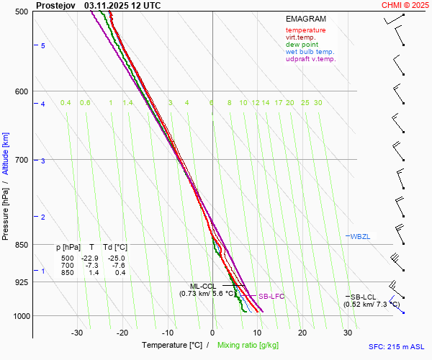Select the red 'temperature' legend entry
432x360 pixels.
click(x=305, y=30)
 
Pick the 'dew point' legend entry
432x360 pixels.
click(x=301, y=45)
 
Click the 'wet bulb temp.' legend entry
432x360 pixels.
click(x=310, y=52)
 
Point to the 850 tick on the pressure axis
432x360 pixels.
click(x=21, y=245)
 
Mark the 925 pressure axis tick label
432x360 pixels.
click(x=21, y=282)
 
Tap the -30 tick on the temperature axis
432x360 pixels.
click(x=77, y=333)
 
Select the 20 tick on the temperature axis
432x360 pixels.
click(x=302, y=333)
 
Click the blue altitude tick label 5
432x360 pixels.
click(x=43, y=45)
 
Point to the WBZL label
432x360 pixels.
click(x=359, y=236)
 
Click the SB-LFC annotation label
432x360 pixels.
click(x=271, y=296)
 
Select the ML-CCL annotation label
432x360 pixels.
click(x=203, y=286)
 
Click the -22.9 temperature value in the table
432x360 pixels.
click(x=89, y=258)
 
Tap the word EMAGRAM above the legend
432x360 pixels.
click(x=305, y=19)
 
